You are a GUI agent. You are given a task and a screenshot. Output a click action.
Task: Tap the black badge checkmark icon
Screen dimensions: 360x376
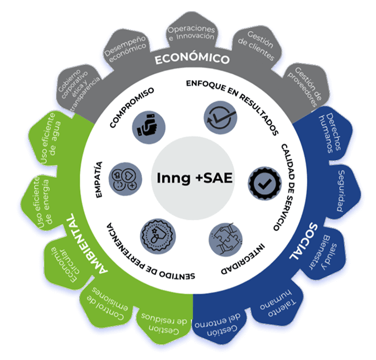pos(261,181)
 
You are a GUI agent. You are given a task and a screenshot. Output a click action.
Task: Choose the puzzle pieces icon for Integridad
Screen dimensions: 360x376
pos(225,239)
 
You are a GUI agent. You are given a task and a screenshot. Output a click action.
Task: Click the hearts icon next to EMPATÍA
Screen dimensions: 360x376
pos(124,177)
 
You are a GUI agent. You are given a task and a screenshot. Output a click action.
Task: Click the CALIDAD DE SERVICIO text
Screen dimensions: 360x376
pos(287,187)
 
